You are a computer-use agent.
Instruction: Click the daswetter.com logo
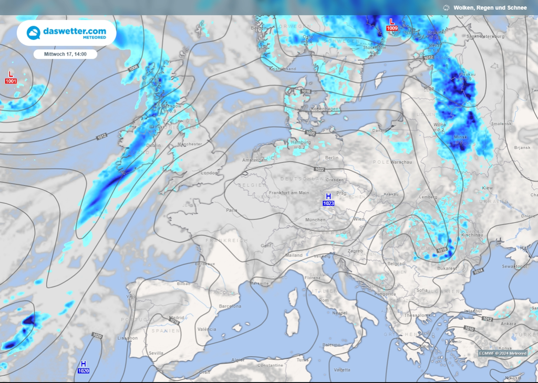[66, 33]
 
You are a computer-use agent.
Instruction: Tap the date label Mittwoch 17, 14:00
[65, 54]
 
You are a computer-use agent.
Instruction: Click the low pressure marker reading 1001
[11, 77]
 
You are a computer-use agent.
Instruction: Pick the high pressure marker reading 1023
[328, 199]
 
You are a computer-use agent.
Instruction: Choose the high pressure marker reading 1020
[83, 367]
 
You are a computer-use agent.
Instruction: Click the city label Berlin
[332, 158]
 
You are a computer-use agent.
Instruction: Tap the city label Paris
[232, 210]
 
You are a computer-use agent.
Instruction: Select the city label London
[209, 173]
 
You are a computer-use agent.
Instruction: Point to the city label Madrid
[177, 318]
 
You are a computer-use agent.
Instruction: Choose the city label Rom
[324, 300]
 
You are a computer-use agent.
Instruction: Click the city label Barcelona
[230, 306]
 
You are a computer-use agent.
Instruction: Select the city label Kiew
[488, 188]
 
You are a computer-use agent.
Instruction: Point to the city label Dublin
[153, 146]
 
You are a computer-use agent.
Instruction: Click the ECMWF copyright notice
[502, 353]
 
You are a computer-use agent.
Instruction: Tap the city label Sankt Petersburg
[485, 37]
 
